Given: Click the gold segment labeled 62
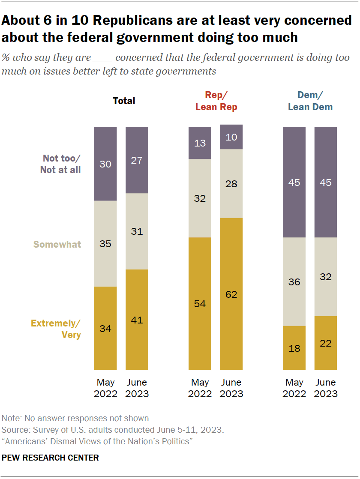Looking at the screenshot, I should click(x=231, y=294).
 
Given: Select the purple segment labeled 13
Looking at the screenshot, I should click(x=200, y=143).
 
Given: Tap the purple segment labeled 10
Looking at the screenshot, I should click(x=231, y=137).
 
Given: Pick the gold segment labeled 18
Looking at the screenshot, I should click(x=294, y=348).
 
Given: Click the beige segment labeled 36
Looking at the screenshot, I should click(x=294, y=281).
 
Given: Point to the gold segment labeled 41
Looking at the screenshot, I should click(x=137, y=319).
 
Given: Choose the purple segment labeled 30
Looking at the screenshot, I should click(x=105, y=164).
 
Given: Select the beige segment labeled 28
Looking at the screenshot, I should click(x=231, y=183).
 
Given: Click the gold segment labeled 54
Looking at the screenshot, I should click(x=200, y=303).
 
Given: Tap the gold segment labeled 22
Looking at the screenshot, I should click(x=326, y=343).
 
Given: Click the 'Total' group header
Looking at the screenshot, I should click(x=124, y=101).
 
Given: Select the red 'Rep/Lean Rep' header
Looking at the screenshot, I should click(x=216, y=102).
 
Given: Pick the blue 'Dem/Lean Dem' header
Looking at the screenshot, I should click(x=310, y=102).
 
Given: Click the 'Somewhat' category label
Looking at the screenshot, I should click(x=57, y=245).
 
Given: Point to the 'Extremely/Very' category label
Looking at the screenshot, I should click(x=56, y=329).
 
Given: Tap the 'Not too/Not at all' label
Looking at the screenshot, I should click(x=60, y=164).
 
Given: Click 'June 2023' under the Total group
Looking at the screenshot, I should click(x=137, y=388).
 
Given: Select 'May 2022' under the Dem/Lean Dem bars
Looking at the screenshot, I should click(x=294, y=388).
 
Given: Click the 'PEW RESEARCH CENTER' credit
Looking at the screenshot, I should click(x=50, y=458).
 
